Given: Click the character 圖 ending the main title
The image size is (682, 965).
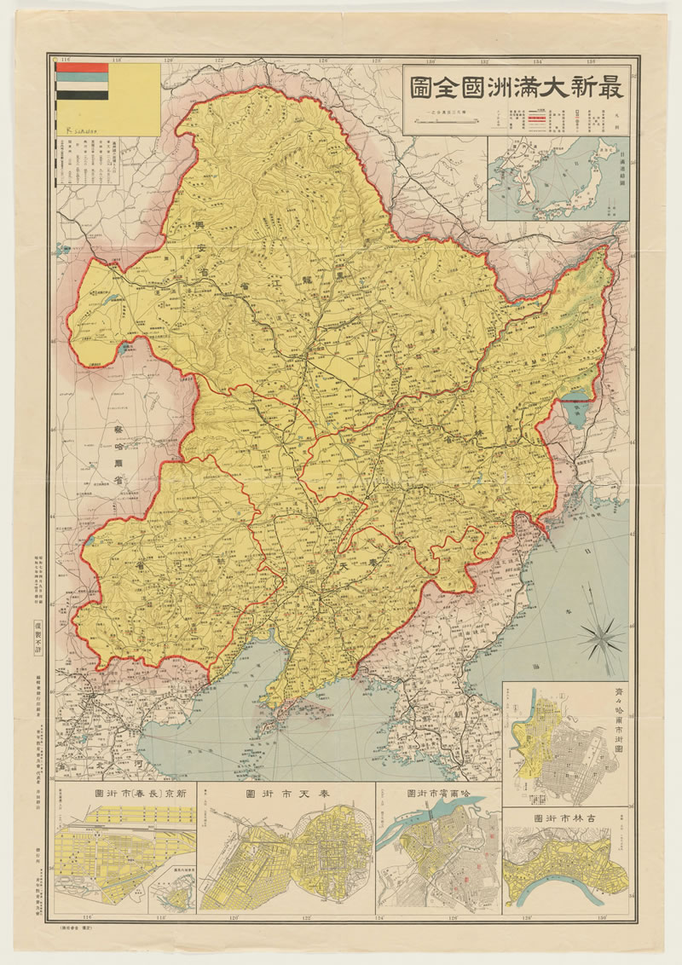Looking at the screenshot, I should [420, 87].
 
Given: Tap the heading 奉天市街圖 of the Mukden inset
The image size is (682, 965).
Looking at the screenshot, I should [285, 792].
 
